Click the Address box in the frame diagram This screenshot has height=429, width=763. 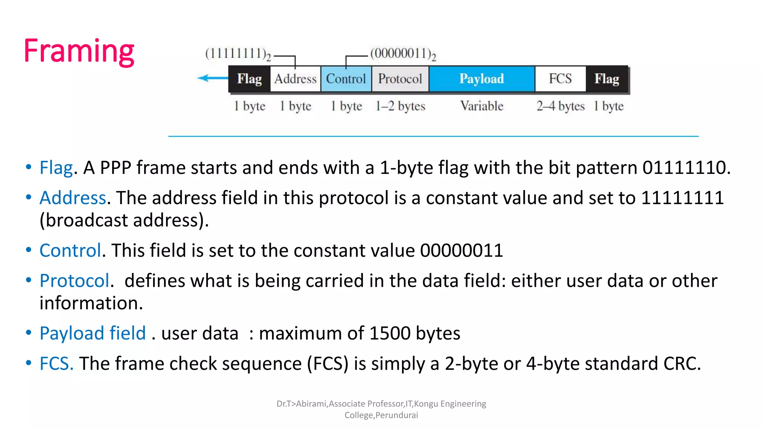coord(295,79)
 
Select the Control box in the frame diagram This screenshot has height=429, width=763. coord(346,79)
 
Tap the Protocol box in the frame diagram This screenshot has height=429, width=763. coord(400,79)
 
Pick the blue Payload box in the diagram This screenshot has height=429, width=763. coord(481,79)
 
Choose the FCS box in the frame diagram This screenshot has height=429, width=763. coord(560,79)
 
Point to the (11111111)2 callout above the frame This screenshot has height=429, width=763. coord(238,54)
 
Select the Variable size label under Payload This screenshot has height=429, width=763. coord(482,106)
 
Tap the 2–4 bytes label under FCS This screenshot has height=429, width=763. coord(560,106)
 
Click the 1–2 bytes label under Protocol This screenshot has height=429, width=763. coord(400,106)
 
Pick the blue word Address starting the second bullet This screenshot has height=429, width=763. coord(73,198)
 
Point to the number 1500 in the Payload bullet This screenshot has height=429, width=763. coord(390,333)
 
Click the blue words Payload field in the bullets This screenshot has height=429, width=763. coord(92,333)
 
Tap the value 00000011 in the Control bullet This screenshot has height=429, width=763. coord(462,250)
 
